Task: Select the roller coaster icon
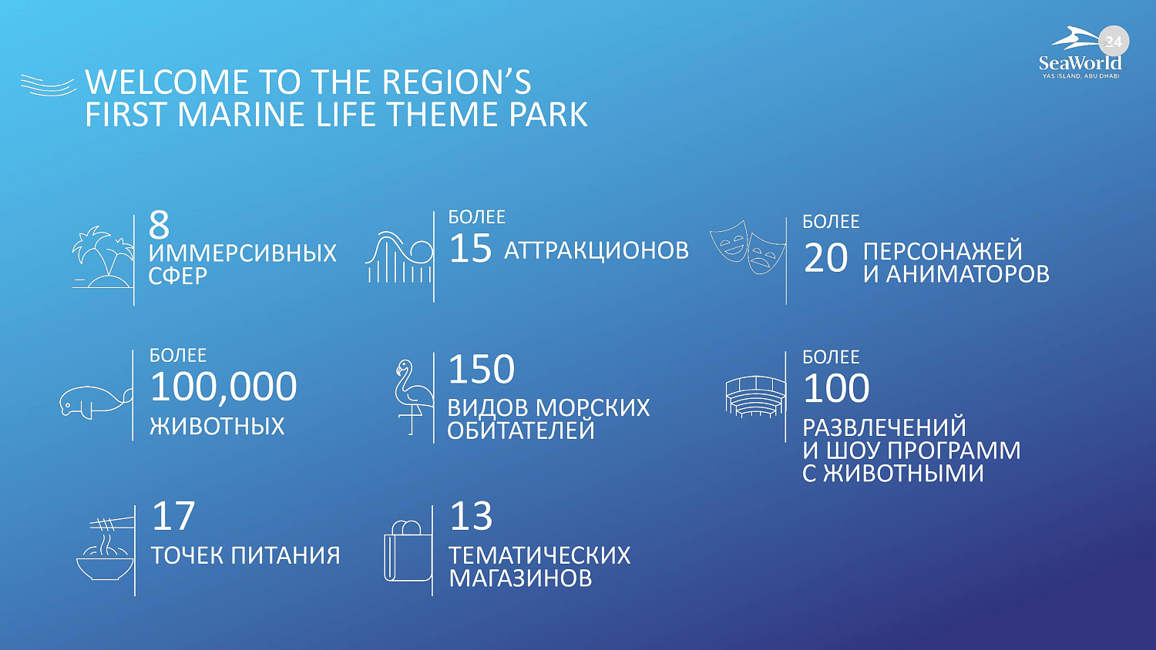click(x=399, y=257)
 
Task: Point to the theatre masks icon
click(x=748, y=248)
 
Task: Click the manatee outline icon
click(x=95, y=402)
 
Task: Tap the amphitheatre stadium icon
click(x=755, y=396)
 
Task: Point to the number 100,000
click(x=223, y=387)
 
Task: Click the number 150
click(x=481, y=369)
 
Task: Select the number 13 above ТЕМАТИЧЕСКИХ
click(x=471, y=516)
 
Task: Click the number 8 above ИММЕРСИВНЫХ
click(x=159, y=224)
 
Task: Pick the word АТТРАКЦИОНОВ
click(x=596, y=251)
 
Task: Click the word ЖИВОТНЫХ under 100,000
click(x=217, y=426)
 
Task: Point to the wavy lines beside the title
click(x=48, y=85)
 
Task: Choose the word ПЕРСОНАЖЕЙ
click(x=943, y=251)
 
